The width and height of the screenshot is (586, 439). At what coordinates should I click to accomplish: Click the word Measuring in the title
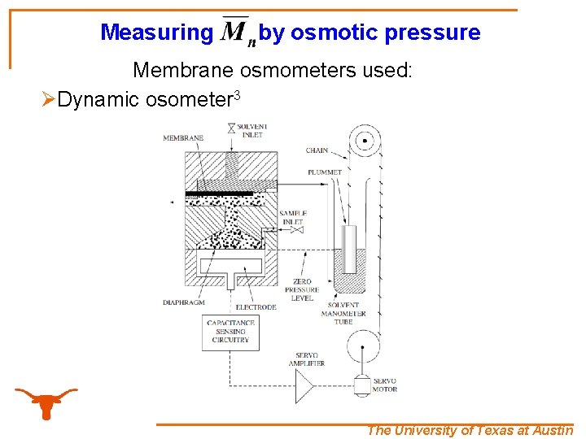click(x=155, y=33)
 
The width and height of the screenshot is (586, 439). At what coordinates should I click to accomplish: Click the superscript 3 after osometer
click(x=237, y=95)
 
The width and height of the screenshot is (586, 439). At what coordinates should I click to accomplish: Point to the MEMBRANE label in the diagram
click(x=183, y=138)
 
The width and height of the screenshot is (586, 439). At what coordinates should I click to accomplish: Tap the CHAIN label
click(x=317, y=150)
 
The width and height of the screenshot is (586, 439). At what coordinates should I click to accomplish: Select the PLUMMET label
click(x=324, y=172)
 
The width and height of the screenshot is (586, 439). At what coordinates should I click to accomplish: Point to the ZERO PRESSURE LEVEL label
click(x=303, y=289)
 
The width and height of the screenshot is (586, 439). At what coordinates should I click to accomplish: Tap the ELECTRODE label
click(x=256, y=307)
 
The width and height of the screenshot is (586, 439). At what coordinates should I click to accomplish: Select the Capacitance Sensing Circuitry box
click(x=230, y=332)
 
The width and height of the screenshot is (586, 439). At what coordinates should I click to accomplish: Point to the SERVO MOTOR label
click(x=385, y=385)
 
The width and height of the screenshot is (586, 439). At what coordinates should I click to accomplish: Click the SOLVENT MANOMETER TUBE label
click(x=343, y=314)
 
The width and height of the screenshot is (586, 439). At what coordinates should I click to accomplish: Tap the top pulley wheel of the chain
click(x=364, y=141)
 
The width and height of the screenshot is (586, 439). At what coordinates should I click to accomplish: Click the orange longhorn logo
click(x=46, y=402)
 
